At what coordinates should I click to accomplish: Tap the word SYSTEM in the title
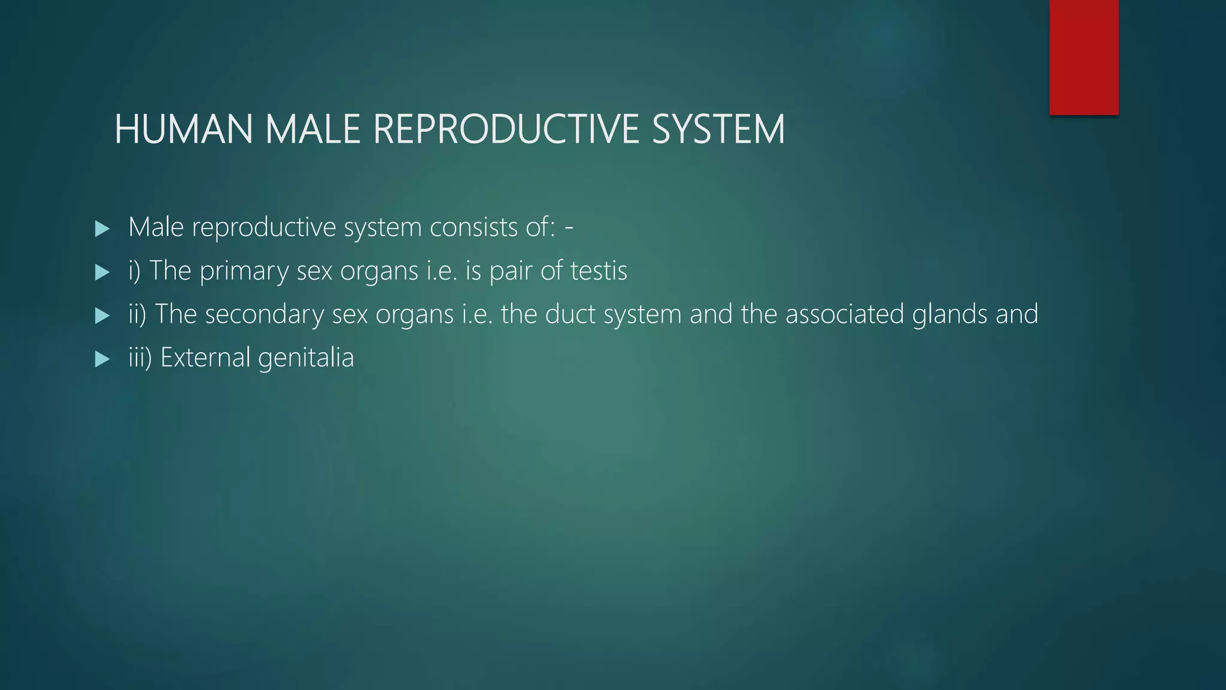click(718, 129)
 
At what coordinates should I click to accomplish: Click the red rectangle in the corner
click(1084, 57)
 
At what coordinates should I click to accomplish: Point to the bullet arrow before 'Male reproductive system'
click(102, 228)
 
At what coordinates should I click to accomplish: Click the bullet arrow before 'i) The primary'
click(102, 273)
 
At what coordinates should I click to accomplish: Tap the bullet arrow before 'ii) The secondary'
click(102, 316)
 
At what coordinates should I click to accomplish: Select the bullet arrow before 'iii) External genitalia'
click(102, 359)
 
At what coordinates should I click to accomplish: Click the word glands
click(949, 314)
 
